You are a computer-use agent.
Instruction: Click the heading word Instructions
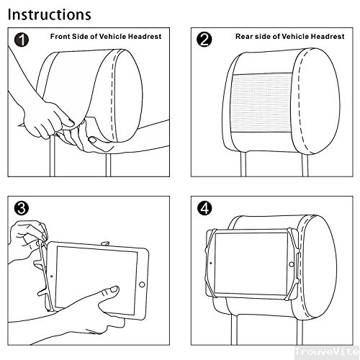(50, 14)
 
